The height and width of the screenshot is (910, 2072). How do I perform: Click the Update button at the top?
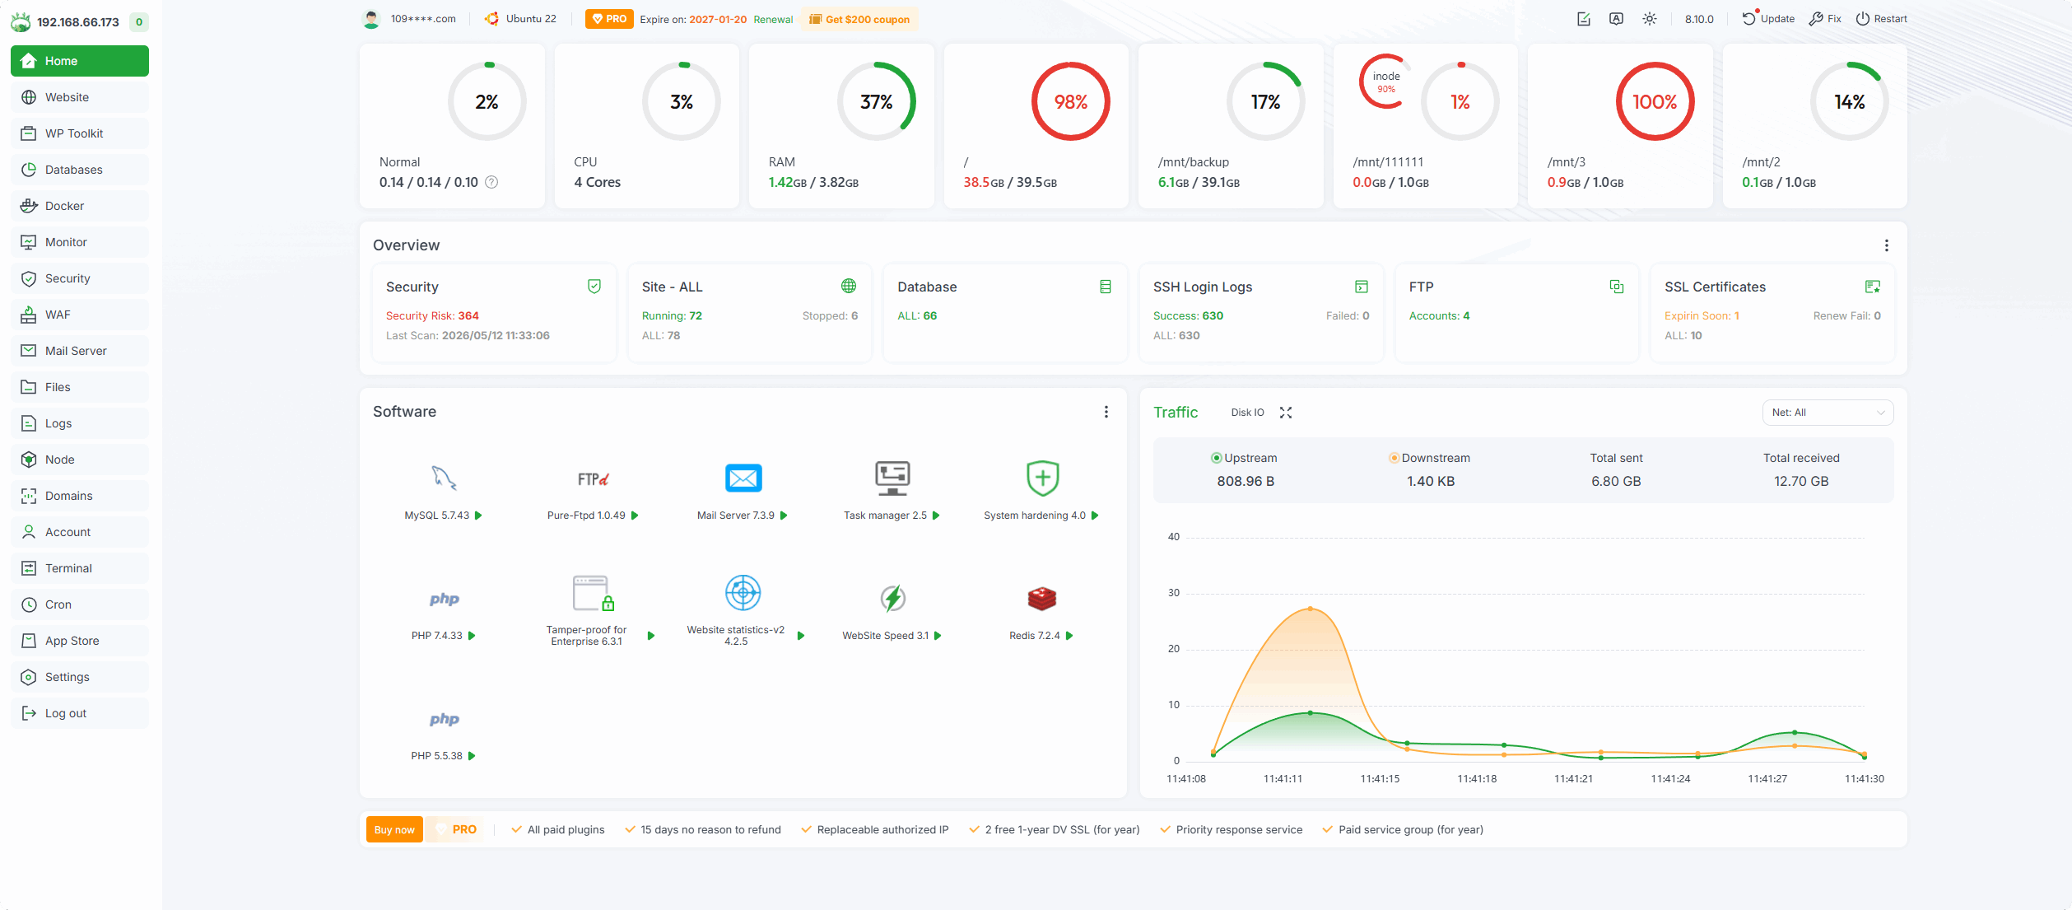tap(1768, 18)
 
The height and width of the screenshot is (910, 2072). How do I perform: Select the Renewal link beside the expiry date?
tap(773, 19)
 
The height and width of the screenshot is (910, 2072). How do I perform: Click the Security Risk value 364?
tap(468, 315)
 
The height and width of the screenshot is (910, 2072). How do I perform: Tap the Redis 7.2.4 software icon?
tap(1041, 599)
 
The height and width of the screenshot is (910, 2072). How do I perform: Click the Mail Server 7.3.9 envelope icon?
tap(743, 478)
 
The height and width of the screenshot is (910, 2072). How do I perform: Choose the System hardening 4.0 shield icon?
tap(1042, 478)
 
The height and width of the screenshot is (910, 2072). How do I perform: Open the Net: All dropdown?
tap(1828, 413)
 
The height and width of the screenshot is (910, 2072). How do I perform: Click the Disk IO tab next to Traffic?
tap(1247, 413)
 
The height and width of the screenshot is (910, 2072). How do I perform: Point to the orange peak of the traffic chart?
tap(1311, 609)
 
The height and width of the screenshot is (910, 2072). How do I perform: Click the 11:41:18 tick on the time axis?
tap(1477, 778)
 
